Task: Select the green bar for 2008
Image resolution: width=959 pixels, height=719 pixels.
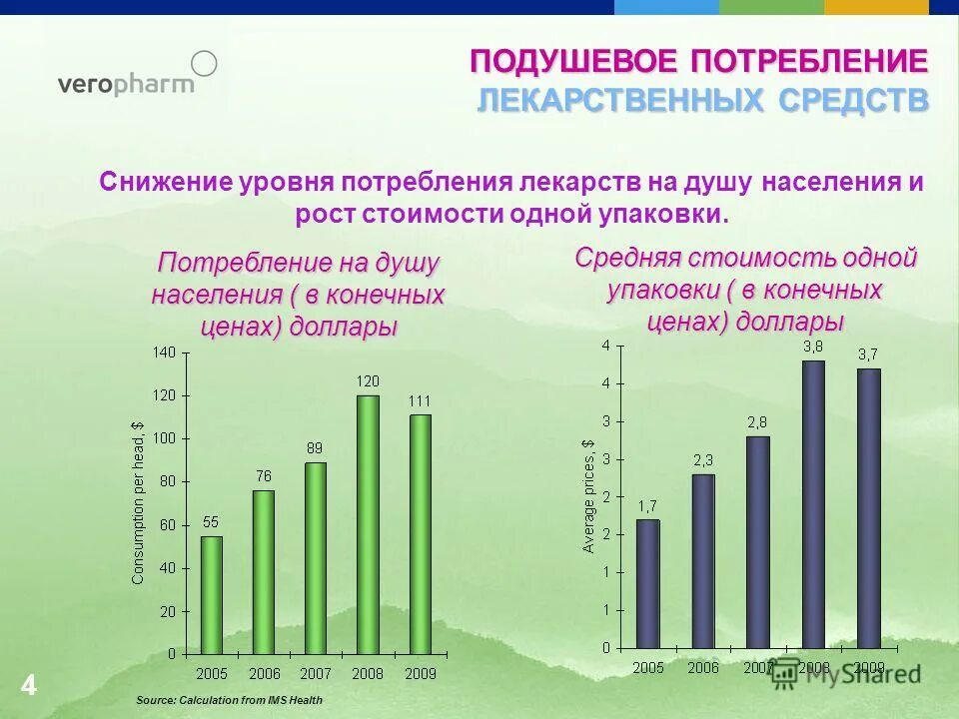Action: point(368,524)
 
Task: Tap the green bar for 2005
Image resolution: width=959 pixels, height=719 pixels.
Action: point(212,594)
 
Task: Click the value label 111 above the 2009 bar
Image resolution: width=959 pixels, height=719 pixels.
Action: point(420,400)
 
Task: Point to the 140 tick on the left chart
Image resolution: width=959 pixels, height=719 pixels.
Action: point(164,353)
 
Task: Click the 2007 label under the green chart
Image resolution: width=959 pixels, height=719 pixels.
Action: point(316,674)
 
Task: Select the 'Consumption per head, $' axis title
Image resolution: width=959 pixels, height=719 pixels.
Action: point(138,502)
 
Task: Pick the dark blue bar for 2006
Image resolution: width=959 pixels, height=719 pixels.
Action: point(703,560)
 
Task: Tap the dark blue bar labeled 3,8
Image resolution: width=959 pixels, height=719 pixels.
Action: point(813,504)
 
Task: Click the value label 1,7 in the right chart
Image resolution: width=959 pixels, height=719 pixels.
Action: point(647,505)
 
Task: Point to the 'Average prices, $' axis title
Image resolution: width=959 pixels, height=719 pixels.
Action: point(588,496)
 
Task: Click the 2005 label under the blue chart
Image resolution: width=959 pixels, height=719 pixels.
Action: point(647,667)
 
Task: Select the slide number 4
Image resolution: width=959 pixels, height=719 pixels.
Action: point(28,686)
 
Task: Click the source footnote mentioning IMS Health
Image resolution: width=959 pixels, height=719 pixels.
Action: point(229,700)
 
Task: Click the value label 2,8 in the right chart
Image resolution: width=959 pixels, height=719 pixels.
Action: point(757,422)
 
